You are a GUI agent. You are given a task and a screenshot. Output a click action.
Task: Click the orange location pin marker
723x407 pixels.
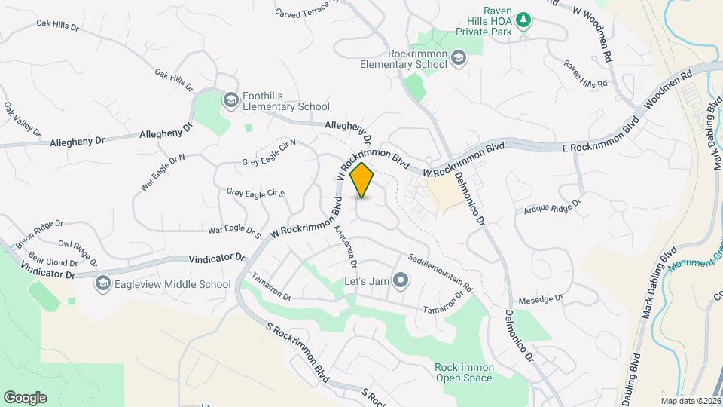tap(362, 180)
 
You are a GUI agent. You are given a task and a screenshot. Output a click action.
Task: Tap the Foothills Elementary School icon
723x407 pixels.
tap(231, 99)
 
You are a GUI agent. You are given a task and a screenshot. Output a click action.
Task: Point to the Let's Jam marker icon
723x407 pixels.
tap(401, 281)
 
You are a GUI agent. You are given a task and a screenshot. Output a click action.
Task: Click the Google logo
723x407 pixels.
tap(25, 398)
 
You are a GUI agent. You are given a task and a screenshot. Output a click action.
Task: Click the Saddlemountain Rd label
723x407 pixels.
tap(440, 273)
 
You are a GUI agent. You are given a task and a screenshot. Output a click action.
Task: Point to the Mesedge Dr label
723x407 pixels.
tap(541, 299)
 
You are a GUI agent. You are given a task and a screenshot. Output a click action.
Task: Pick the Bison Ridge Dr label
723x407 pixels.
tap(39, 228)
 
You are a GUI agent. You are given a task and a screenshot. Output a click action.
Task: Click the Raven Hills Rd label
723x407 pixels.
tap(585, 73)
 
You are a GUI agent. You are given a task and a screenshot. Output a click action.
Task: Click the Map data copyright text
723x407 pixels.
tap(689, 400)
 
